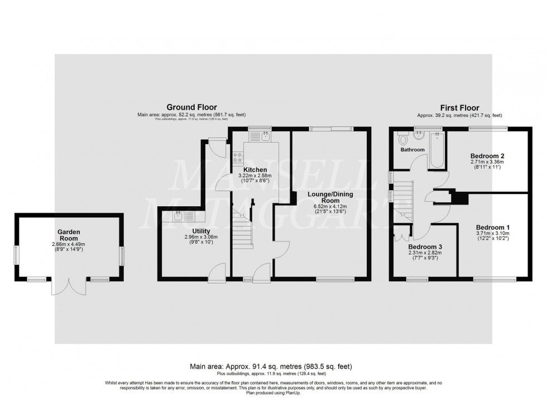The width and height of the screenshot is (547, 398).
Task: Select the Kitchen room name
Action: pyautogui.click(x=255, y=169)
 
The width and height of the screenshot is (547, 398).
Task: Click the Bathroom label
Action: pyautogui.click(x=412, y=150)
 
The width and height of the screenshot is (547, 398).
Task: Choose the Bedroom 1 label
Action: pyautogui.click(x=493, y=228)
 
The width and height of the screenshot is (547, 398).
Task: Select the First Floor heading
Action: pyautogui.click(x=459, y=108)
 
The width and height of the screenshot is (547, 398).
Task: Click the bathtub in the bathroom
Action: pyautogui.click(x=436, y=151)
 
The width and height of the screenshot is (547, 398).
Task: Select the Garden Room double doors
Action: pyautogui.click(x=69, y=286)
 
